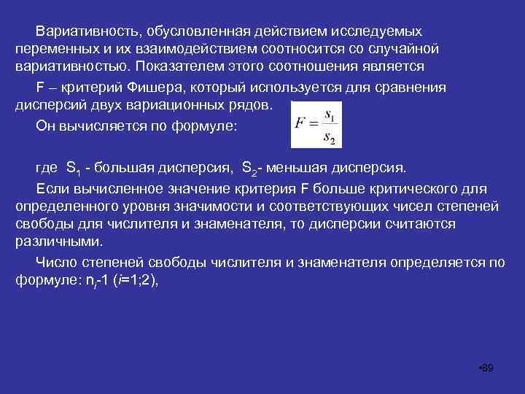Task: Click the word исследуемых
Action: [377, 33]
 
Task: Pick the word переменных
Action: [52, 49]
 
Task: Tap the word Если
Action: [51, 188]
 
